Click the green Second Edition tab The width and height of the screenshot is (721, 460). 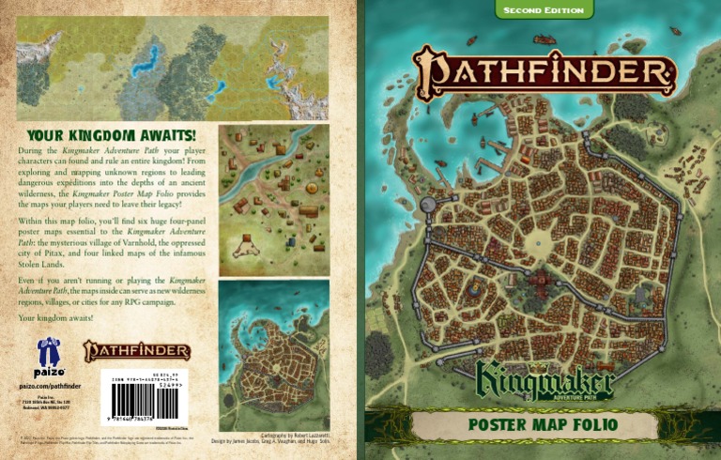pos(545,10)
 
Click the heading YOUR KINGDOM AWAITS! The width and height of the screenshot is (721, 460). pos(111,136)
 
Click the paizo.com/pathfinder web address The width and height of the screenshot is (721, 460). pos(48,386)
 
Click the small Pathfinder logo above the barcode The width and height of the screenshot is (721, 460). pos(138,351)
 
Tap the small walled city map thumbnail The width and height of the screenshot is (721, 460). pos(273,355)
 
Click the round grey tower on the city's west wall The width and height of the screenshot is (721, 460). pos(427,204)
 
